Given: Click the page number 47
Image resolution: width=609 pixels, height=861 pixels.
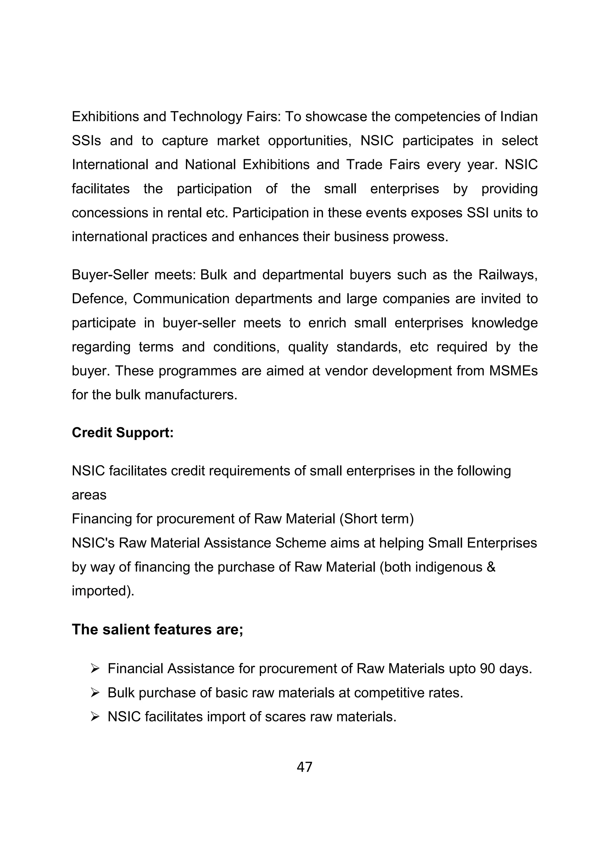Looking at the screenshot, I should pos(304,767).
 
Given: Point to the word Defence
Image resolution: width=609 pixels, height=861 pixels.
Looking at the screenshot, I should pos(99,299).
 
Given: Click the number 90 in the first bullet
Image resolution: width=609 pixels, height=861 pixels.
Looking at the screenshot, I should pos(487,668).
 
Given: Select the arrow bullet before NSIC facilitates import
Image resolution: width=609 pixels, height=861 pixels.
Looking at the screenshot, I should pos(95,717).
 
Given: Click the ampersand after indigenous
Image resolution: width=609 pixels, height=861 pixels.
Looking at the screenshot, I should pos(491,567).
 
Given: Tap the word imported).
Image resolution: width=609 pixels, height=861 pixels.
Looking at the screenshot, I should pos(103,591).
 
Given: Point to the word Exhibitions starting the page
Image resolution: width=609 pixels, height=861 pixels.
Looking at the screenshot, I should pos(106,117).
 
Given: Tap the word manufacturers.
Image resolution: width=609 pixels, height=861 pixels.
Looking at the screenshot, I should pos(195,395).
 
